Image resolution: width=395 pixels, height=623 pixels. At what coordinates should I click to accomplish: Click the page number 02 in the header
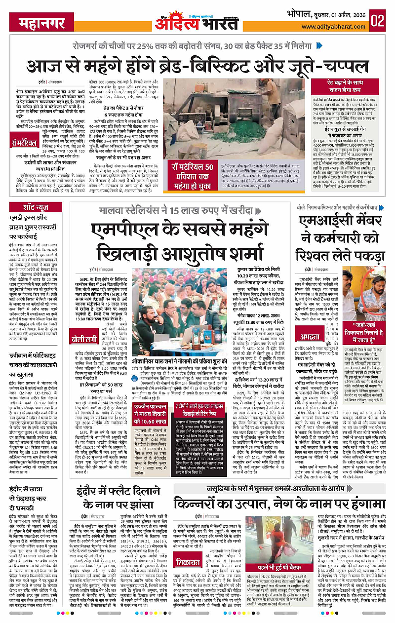coord(379,21)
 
